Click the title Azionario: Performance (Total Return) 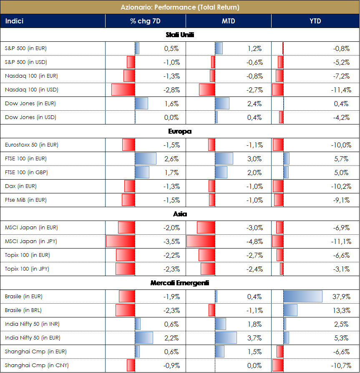point(180,7)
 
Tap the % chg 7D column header point(145,21)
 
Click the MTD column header point(228,21)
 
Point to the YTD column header point(315,21)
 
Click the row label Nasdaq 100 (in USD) point(31,90)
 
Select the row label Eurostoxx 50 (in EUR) point(31,145)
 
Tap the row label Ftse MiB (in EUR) point(25,200)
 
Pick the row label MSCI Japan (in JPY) point(31,241)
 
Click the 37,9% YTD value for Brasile point(342,297)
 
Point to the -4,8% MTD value point(253,241)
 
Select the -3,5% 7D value point(171,241)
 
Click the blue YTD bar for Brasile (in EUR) point(302,297)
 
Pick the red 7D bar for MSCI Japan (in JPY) point(121,241)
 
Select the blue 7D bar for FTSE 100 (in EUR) point(145,159)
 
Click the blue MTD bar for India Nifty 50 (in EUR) point(226,338)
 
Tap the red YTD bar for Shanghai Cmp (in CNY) point(277,365)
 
